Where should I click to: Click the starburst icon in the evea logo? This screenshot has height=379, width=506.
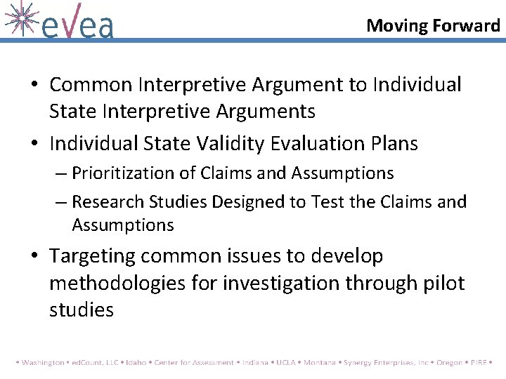coord(19,18)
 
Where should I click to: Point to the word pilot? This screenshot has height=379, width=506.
coord(441,283)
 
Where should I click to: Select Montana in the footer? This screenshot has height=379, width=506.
coord(320,363)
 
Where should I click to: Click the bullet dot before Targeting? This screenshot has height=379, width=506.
coord(34,257)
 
